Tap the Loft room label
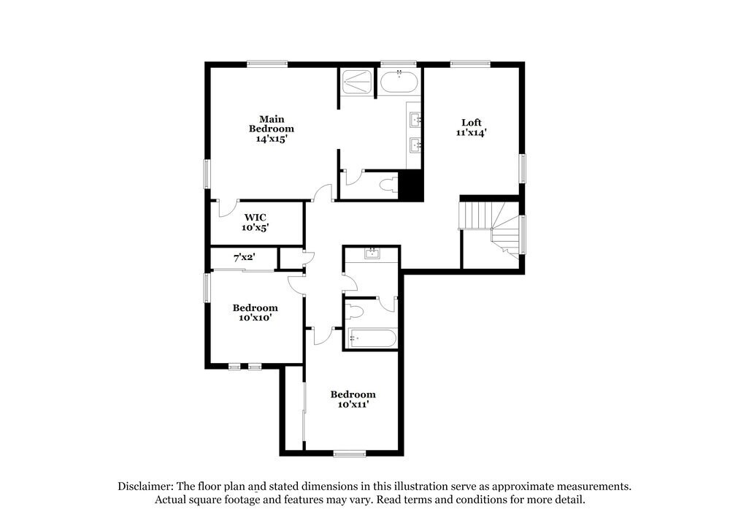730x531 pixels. (472, 128)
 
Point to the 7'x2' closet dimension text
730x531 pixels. (244, 258)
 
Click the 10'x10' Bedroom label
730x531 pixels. (255, 313)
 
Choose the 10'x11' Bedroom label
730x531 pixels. (353, 399)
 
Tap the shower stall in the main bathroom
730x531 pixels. (357, 81)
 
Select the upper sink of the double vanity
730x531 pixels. (416, 119)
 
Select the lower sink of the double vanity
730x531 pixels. (416, 145)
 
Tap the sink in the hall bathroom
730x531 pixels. (372, 253)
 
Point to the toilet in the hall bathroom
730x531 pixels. (355, 312)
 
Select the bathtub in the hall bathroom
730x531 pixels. (372, 338)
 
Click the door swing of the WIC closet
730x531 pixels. (230, 208)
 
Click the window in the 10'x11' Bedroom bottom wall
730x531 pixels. (350, 454)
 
